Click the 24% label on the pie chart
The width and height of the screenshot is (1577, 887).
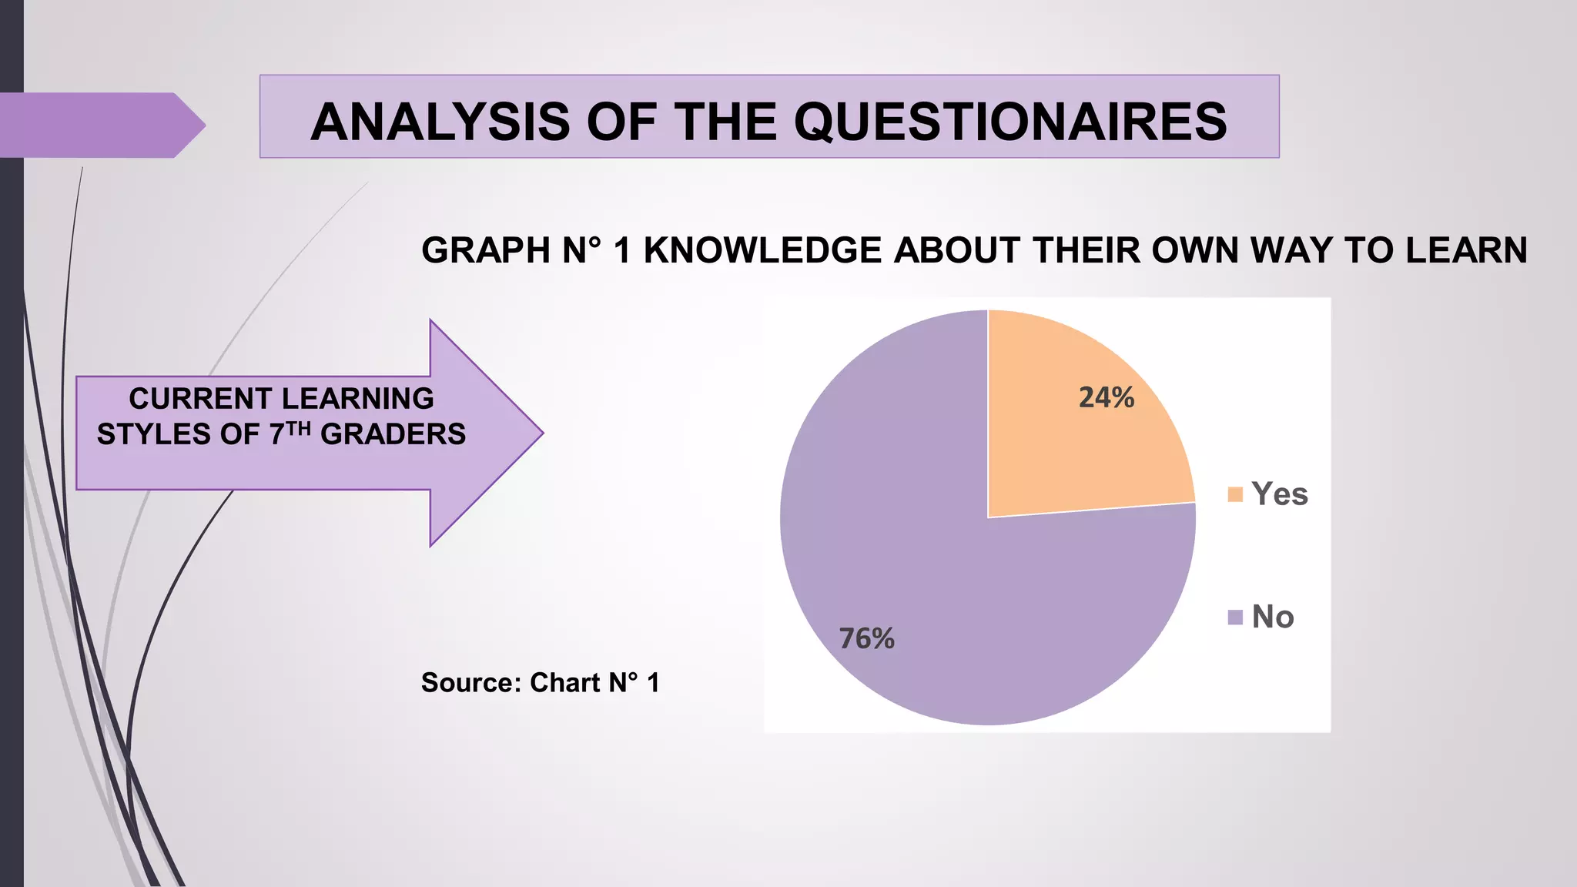click(x=1106, y=397)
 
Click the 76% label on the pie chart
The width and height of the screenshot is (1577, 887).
click(x=866, y=638)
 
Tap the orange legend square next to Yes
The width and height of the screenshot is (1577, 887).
click(x=1235, y=494)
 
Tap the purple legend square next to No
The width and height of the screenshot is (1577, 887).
click(x=1235, y=618)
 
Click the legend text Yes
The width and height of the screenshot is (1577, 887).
click(x=1279, y=494)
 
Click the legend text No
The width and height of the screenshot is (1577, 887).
click(x=1272, y=617)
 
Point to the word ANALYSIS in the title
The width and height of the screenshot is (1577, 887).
click(x=441, y=122)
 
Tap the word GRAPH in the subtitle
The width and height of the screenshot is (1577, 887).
click(x=486, y=250)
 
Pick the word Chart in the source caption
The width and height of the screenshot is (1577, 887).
click(x=565, y=683)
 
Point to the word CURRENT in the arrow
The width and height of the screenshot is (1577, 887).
click(x=185, y=399)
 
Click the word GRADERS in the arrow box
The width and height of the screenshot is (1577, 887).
click(x=393, y=434)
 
